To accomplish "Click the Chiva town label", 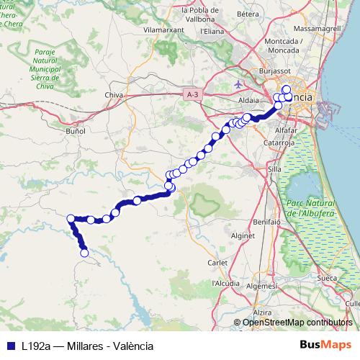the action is (x=114, y=94).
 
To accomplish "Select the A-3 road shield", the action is (x=192, y=94).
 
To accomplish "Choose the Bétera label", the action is (x=248, y=14).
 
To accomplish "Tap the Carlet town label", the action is (x=217, y=262).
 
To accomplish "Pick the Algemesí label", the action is (x=261, y=286).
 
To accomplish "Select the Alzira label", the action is (x=262, y=312).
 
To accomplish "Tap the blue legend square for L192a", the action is (x=10, y=346).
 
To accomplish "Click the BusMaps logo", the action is (x=326, y=345).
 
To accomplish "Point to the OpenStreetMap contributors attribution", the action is (x=297, y=323).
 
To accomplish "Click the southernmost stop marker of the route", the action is (x=84, y=253).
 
